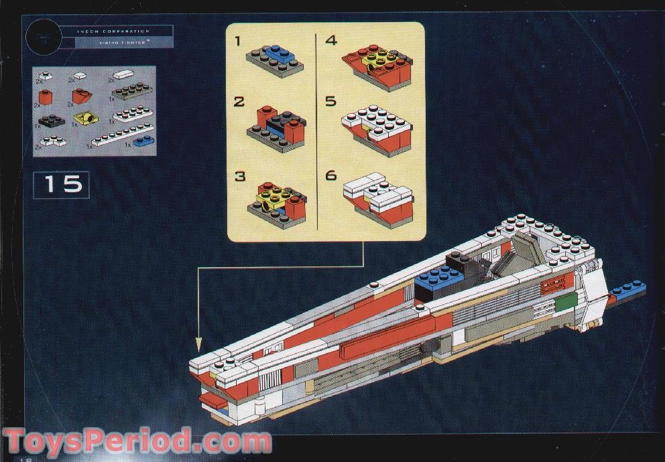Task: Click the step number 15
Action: pyautogui.click(x=64, y=183)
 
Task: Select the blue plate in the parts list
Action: pyautogui.click(x=143, y=141)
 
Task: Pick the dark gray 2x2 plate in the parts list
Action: pyautogui.click(x=52, y=121)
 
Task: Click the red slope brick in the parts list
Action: pyautogui.click(x=83, y=97)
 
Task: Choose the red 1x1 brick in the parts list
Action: pyautogui.click(x=46, y=98)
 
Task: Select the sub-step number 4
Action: pyautogui.click(x=331, y=41)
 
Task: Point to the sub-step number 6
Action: pyautogui.click(x=330, y=175)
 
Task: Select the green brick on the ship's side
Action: pyautogui.click(x=564, y=302)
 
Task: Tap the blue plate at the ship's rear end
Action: pyautogui.click(x=629, y=289)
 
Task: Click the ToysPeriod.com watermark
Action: pyautogui.click(x=137, y=443)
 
